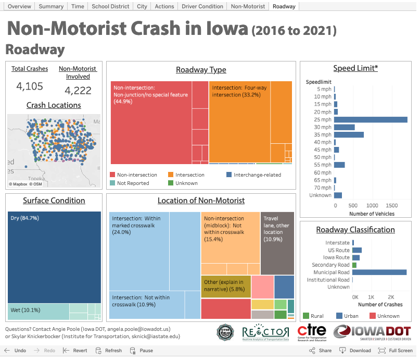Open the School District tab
(x=110, y=6)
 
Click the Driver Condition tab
(x=202, y=6)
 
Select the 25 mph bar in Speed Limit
(x=371, y=119)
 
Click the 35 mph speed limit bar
(x=349, y=134)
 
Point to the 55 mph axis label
(x=323, y=165)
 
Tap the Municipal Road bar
(x=379, y=272)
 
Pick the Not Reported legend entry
(x=133, y=183)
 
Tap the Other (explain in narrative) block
(x=226, y=286)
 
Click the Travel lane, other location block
(x=277, y=243)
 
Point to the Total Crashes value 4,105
(x=30, y=86)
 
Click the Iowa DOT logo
(x=372, y=332)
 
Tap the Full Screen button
(x=397, y=351)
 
